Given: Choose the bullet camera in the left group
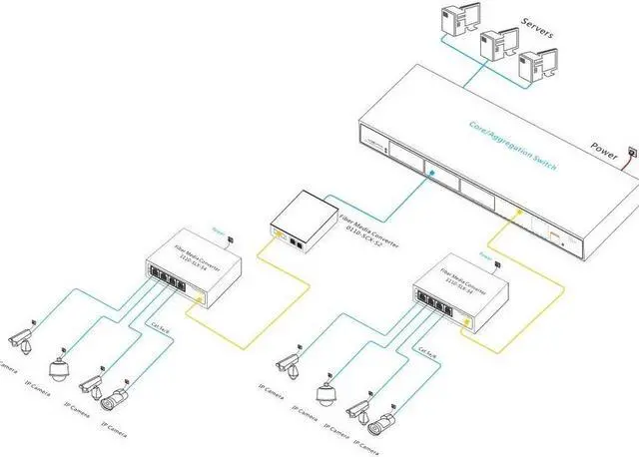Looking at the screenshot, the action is (x=117, y=399).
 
